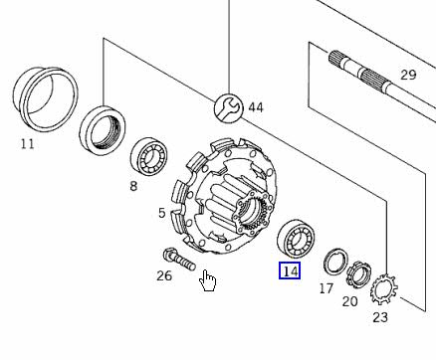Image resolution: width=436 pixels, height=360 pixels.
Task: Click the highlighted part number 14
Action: [290, 270]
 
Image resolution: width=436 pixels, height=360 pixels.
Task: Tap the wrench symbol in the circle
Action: [228, 107]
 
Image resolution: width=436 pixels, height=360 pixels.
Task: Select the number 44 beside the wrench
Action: [256, 107]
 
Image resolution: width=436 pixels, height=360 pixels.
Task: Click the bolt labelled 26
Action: [179, 260]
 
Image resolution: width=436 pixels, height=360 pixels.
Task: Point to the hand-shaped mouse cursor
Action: [207, 280]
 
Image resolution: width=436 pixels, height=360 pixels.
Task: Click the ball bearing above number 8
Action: [149, 155]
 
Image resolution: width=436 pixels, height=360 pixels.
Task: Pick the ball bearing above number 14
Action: [296, 238]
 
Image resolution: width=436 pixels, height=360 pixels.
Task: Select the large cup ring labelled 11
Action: [46, 99]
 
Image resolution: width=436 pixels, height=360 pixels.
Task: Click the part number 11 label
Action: [27, 144]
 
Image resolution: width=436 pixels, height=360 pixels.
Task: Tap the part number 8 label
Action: [133, 186]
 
